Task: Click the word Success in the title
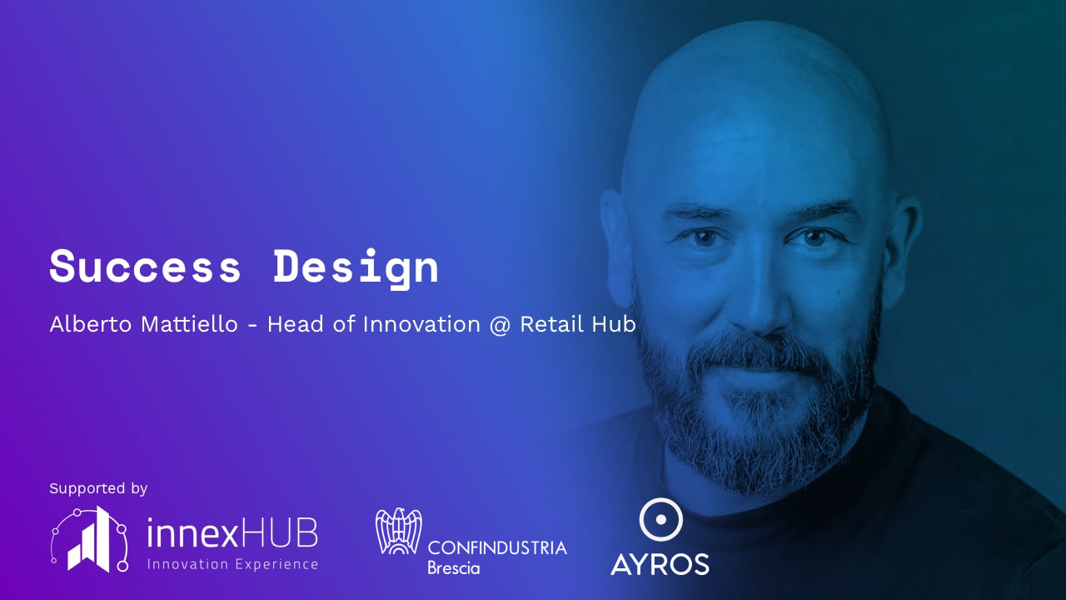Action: point(145,266)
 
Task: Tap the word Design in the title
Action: point(356,268)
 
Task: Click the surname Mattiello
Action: point(189,324)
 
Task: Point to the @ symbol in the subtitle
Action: point(500,325)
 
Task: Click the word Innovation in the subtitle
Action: point(421,324)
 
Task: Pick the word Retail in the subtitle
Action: point(551,324)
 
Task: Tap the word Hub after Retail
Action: point(614,324)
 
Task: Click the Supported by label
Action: point(98,488)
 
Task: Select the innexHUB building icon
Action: point(89,538)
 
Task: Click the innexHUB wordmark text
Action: point(232,533)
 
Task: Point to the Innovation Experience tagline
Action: point(232,564)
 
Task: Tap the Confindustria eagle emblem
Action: point(398,531)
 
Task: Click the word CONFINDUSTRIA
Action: point(497,548)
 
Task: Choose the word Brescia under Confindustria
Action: point(454,568)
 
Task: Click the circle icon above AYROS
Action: point(660,519)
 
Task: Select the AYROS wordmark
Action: point(660,564)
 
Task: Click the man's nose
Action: point(761,300)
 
